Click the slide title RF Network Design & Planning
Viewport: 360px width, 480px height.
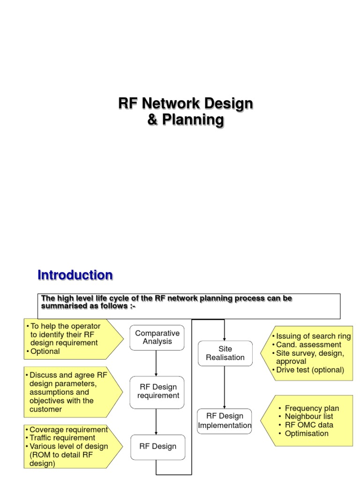pyautogui.click(x=186, y=112)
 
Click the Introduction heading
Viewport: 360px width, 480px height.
pyautogui.click(x=75, y=275)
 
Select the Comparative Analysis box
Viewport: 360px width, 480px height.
pyautogui.click(x=157, y=337)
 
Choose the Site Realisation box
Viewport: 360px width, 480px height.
pyautogui.click(x=225, y=353)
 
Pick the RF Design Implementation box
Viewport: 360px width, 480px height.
pyautogui.click(x=225, y=420)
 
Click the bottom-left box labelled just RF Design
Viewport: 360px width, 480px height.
pyautogui.click(x=157, y=446)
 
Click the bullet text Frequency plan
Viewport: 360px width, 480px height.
pyautogui.click(x=312, y=408)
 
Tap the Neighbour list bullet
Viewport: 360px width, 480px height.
pyautogui.click(x=309, y=416)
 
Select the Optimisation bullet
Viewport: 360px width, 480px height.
pyautogui.click(x=307, y=433)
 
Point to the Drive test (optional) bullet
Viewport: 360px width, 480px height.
pyautogui.click(x=310, y=370)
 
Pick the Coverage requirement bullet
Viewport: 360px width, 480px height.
pyautogui.click(x=68, y=429)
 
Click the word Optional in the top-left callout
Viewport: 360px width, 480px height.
pyautogui.click(x=45, y=351)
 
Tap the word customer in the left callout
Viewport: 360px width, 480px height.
pyautogui.click(x=45, y=409)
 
